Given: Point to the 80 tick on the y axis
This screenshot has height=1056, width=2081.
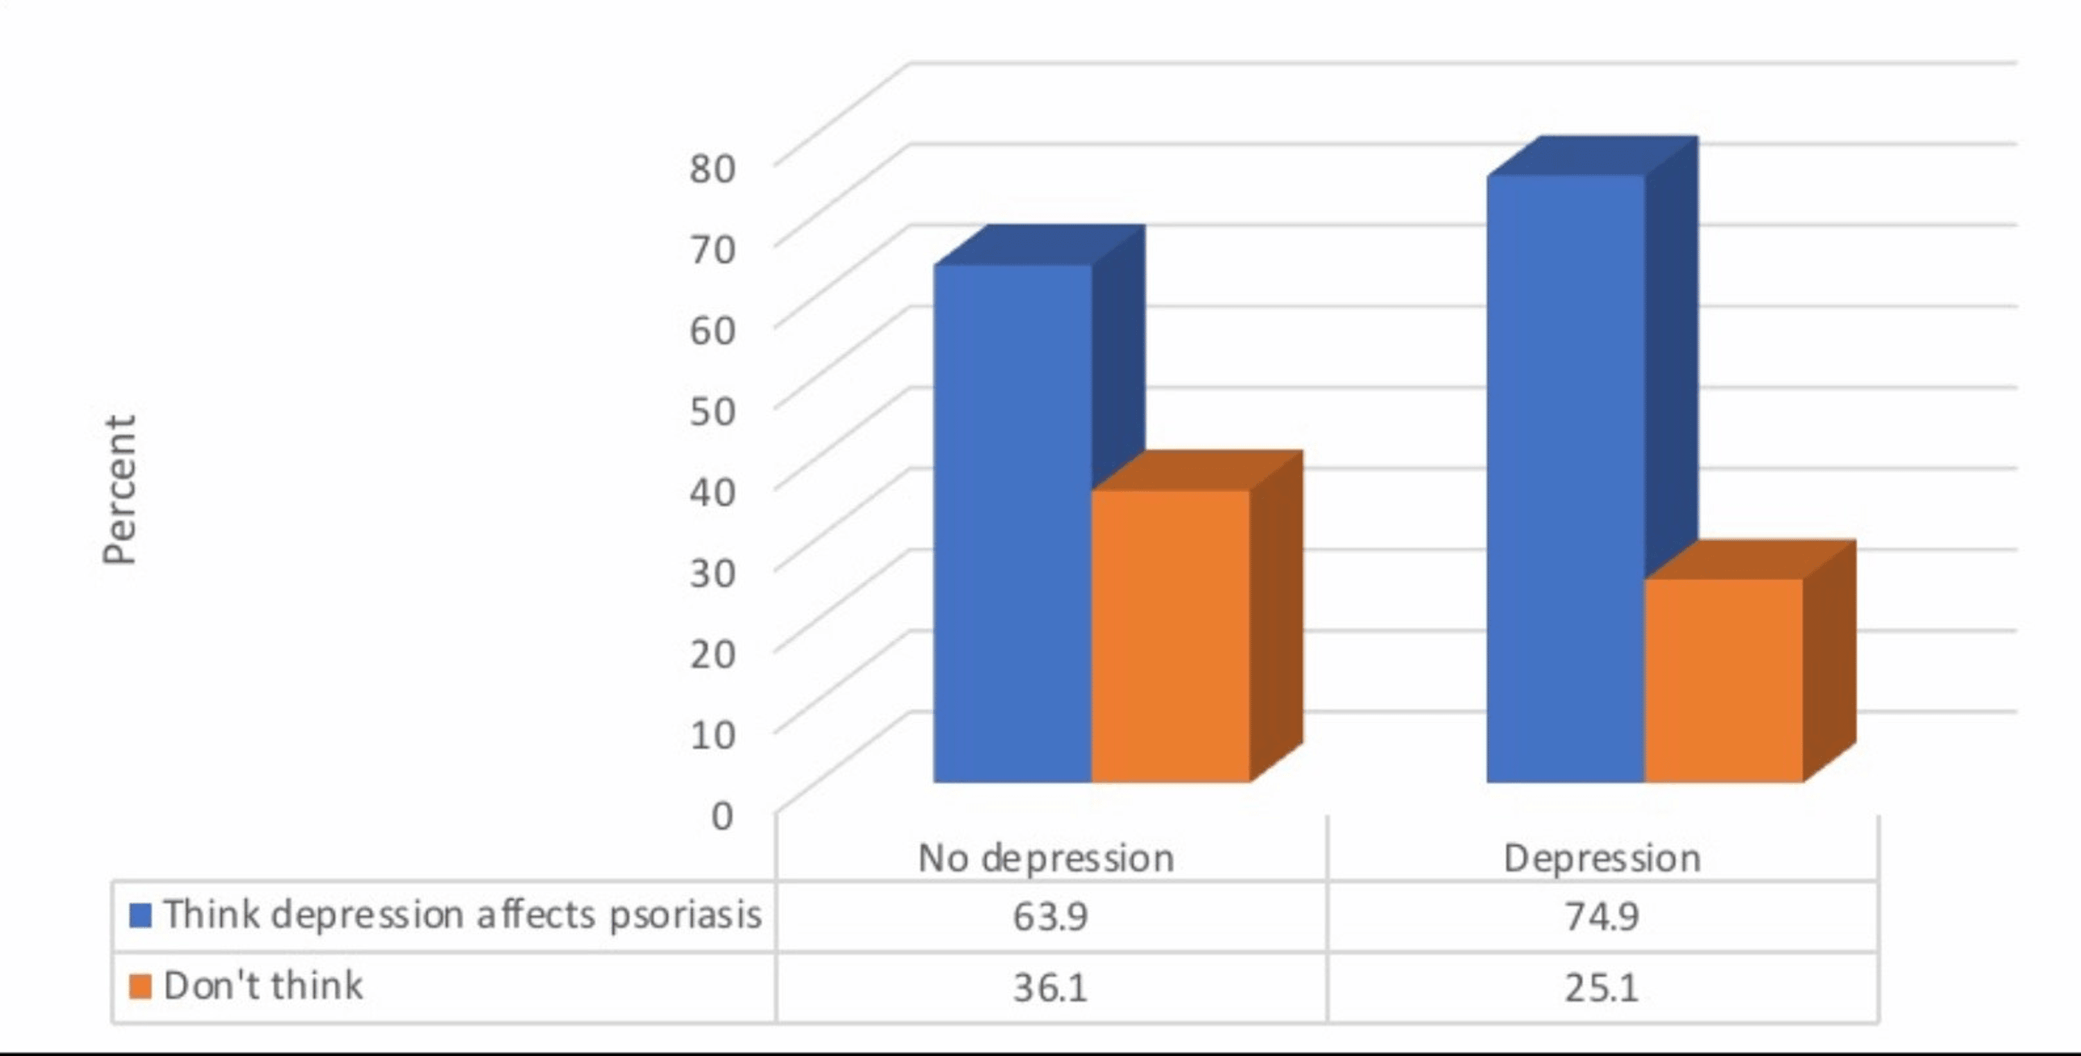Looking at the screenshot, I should tap(712, 168).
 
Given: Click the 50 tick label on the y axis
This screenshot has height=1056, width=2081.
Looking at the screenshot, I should tap(712, 411).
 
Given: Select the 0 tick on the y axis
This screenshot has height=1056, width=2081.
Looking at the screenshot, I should tap(721, 815).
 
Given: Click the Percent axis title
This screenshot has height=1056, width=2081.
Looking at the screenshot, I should tap(119, 490).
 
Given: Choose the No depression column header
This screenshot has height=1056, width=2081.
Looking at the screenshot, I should tap(1046, 858).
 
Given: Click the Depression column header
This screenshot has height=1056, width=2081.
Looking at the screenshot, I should tap(1602, 858).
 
